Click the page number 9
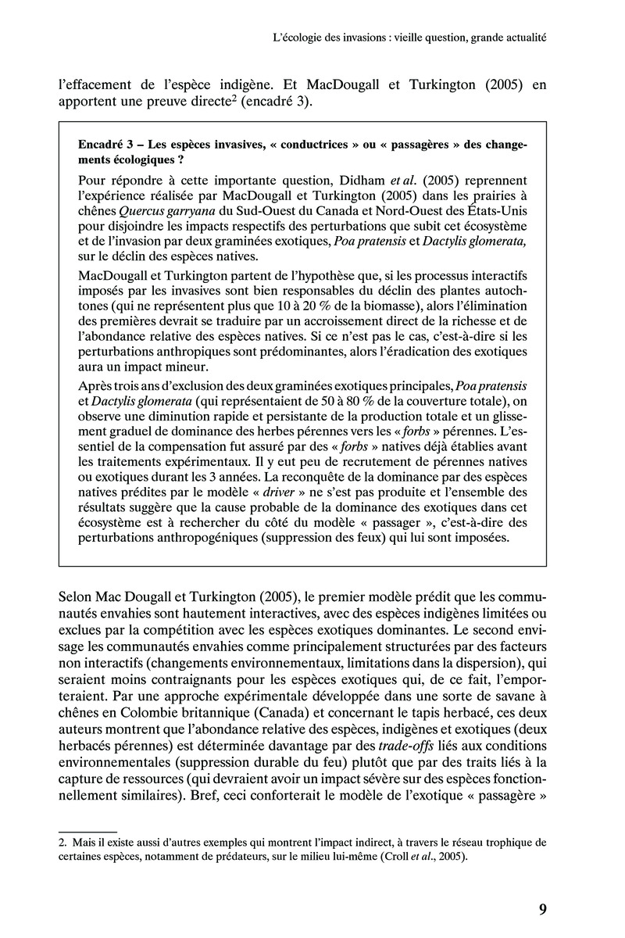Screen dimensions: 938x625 pos(542,908)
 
